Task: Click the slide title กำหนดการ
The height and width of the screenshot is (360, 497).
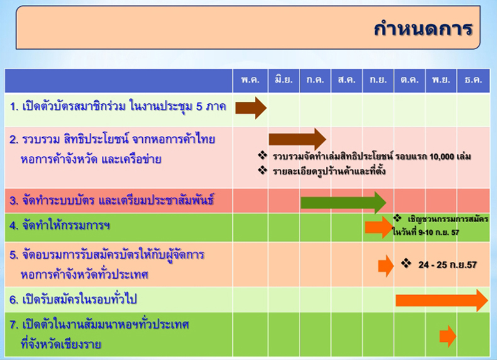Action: point(423,28)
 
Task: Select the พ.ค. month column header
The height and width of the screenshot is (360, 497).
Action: point(250,79)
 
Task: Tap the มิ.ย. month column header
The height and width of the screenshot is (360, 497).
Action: point(284,79)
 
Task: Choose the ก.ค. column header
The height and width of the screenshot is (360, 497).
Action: point(315,79)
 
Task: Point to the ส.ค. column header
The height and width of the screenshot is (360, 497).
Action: point(347,79)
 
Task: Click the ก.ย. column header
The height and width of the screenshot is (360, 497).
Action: point(378,79)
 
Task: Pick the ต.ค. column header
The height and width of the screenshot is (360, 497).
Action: point(410,79)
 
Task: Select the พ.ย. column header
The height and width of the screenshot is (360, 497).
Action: point(441,79)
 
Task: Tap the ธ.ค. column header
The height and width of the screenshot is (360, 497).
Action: point(473,79)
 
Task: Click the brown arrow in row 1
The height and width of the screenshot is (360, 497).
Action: point(251,108)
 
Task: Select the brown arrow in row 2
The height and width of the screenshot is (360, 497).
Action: point(298,139)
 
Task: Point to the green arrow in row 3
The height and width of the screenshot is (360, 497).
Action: point(343,203)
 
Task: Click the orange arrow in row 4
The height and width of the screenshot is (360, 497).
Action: point(379,227)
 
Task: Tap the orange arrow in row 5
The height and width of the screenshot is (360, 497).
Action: point(386,266)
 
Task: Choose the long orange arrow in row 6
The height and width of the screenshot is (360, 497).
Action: point(442,300)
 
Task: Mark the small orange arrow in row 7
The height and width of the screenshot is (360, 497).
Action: point(448,336)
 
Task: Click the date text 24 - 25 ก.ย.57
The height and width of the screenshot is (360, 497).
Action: point(447,265)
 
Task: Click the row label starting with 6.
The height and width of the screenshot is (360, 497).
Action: point(73,299)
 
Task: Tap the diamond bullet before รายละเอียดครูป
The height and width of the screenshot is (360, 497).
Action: point(262,171)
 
